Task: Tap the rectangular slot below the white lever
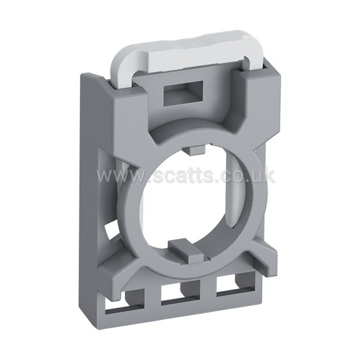tap(183, 93)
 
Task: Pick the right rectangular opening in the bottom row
tap(236, 284)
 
